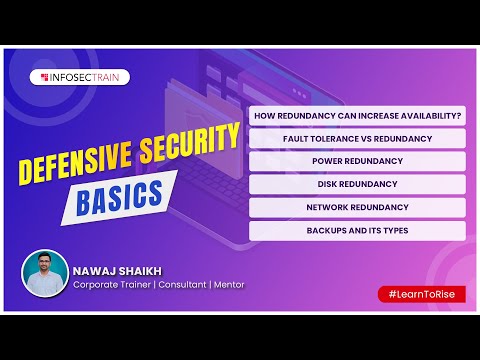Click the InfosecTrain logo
(x=83, y=76)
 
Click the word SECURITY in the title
(x=188, y=151)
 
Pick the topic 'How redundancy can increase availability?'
(x=357, y=116)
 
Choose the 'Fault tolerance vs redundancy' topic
(x=357, y=138)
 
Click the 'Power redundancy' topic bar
(x=357, y=161)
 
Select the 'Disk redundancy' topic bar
(x=357, y=184)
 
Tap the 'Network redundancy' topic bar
(x=357, y=207)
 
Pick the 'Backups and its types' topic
(x=357, y=230)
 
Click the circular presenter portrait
(x=45, y=273)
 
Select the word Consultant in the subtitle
(x=177, y=285)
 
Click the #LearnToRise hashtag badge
(x=421, y=293)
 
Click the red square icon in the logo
(x=45, y=76)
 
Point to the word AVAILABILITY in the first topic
(x=427, y=116)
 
